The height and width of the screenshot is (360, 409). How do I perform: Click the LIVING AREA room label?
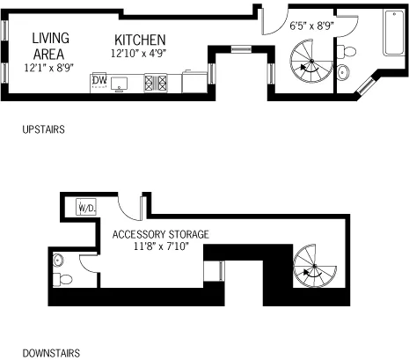click(x=51, y=45)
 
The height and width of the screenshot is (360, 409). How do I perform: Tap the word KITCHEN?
click(x=140, y=40)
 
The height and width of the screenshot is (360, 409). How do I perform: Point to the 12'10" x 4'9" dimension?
click(x=140, y=54)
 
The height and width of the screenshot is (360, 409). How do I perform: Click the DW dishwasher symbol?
click(x=99, y=82)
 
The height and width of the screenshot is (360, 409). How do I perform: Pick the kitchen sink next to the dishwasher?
click(x=121, y=84)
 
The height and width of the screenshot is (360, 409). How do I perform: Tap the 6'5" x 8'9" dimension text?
click(x=311, y=26)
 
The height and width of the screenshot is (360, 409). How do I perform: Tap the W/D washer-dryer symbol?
click(x=86, y=208)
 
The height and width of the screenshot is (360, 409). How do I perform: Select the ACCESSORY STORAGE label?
click(x=160, y=234)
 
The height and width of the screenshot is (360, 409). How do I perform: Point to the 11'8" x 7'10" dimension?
click(x=160, y=247)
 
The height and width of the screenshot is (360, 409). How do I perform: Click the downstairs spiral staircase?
click(x=312, y=266)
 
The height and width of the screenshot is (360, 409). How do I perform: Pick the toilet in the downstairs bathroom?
click(x=63, y=279)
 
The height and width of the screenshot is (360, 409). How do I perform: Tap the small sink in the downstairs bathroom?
click(x=58, y=260)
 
